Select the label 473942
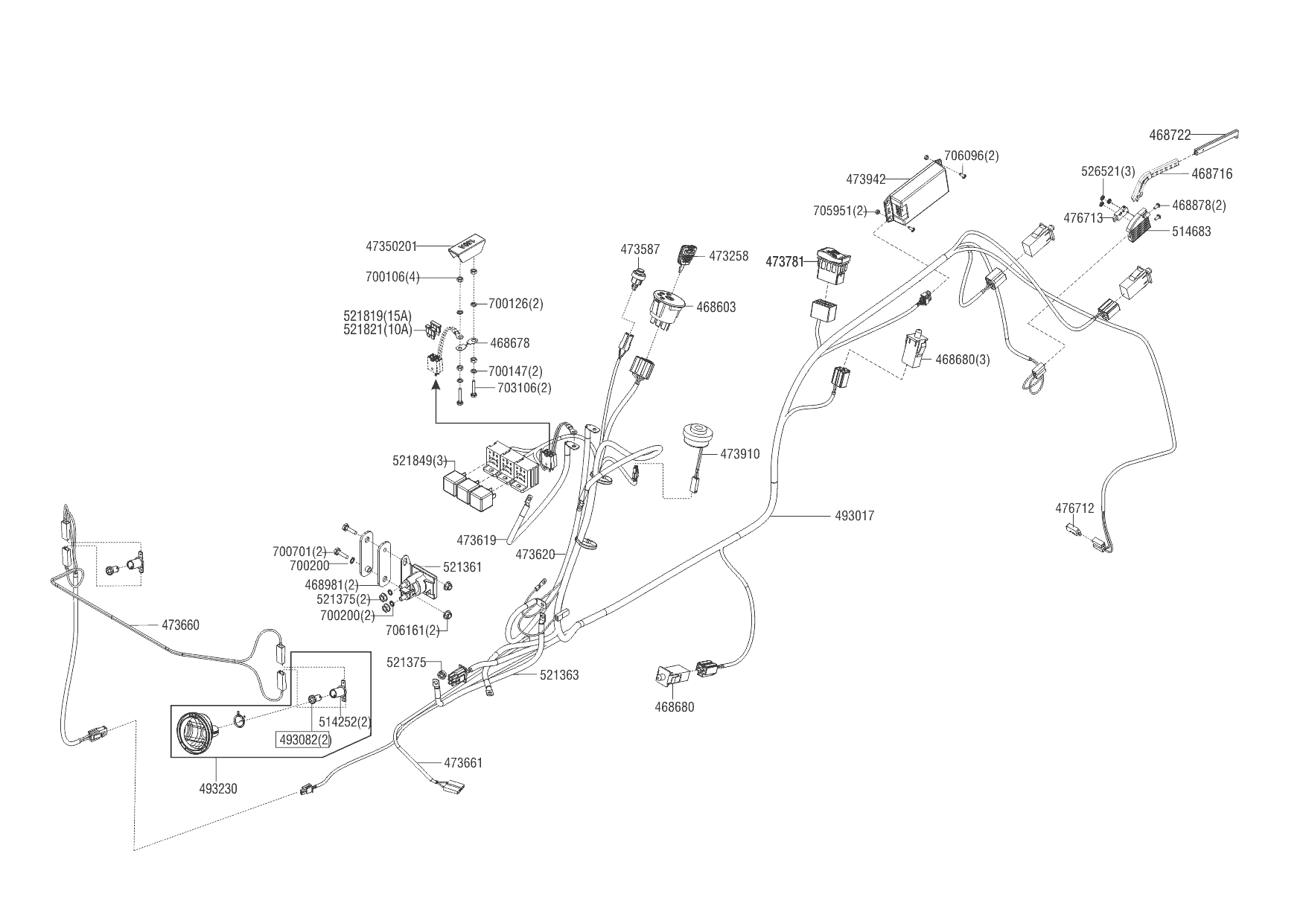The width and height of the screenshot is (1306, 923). coord(865,179)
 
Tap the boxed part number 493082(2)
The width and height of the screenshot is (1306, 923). coord(305,740)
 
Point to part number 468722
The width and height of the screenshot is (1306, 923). coord(1170,135)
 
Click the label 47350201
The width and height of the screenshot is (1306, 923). coord(391,246)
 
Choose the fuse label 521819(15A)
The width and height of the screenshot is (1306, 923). coord(378,316)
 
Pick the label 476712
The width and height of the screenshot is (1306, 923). coord(1074,508)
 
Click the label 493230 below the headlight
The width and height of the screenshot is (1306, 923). coord(218,789)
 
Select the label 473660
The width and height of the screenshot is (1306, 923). coord(180,625)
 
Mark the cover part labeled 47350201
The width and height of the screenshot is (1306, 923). coord(466,247)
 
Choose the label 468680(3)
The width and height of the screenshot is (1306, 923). coord(962,360)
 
